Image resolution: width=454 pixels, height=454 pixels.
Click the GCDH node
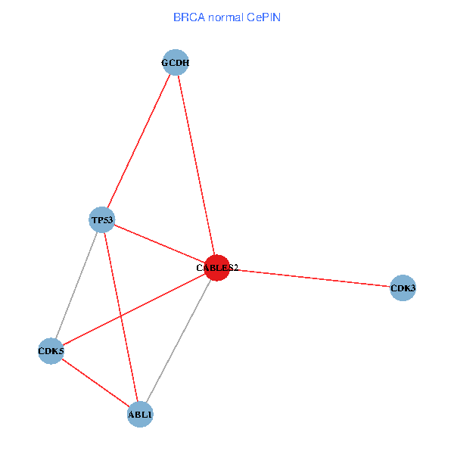point(175,63)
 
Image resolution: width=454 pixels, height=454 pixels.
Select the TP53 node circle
point(101,220)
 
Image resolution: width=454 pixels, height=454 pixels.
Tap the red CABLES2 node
point(217,267)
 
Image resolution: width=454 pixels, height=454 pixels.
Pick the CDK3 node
point(403,288)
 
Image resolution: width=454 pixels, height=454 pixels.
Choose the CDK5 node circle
point(51,351)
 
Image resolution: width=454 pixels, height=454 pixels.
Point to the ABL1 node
point(140,415)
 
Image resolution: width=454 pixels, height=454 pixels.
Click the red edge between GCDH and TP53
point(138,141)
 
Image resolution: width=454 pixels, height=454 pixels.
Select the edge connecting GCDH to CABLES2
point(196,165)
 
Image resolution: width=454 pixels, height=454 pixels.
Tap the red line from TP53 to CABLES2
point(159,244)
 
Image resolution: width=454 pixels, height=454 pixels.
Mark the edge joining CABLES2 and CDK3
point(310,278)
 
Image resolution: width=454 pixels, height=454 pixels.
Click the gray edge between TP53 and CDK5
point(76,286)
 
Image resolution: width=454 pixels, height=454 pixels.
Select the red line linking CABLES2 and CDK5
point(134,309)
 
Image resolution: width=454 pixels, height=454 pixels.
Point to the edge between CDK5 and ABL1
point(95,383)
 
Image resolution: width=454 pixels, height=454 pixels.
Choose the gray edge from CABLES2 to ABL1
point(179,340)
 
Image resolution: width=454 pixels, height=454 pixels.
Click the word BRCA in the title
point(187,17)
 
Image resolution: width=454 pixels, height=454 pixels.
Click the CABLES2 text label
point(217,268)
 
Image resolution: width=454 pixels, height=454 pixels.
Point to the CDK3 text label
point(403,288)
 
